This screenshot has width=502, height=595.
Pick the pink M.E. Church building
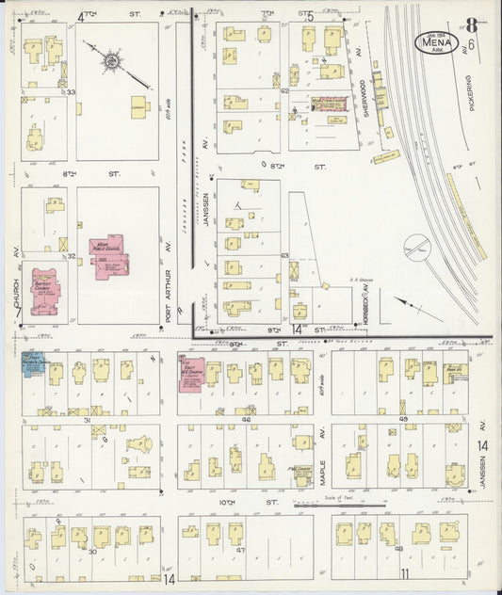[192, 371]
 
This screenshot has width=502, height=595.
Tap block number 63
[283, 255]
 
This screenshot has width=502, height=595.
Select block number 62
[283, 90]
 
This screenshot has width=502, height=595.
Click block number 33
[70, 91]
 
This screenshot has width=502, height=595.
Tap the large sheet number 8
[469, 25]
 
